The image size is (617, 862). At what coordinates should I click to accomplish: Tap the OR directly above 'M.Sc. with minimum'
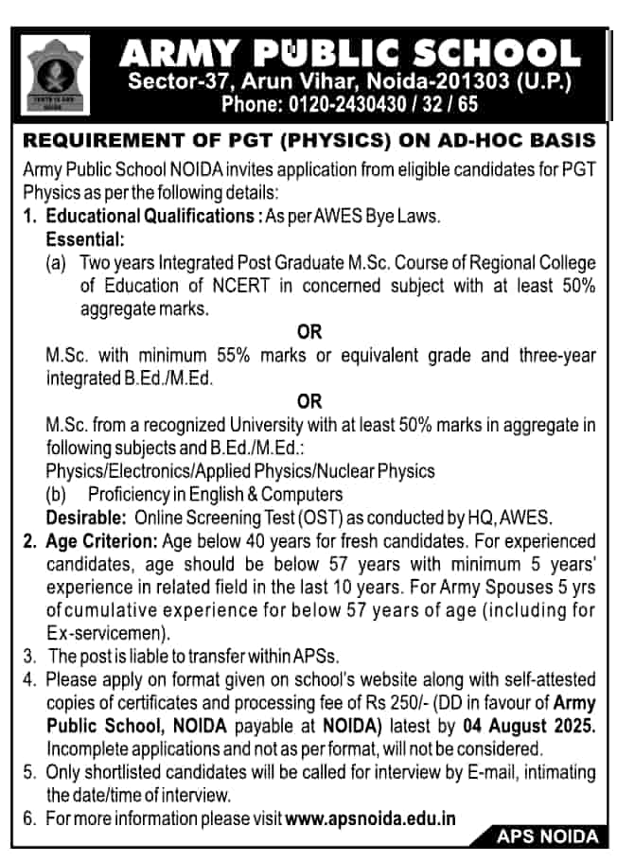click(x=309, y=332)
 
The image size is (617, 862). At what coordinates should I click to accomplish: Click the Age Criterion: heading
click(x=102, y=542)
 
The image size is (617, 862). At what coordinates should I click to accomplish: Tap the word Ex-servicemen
click(x=107, y=631)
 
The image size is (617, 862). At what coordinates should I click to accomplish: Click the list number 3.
click(x=28, y=655)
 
